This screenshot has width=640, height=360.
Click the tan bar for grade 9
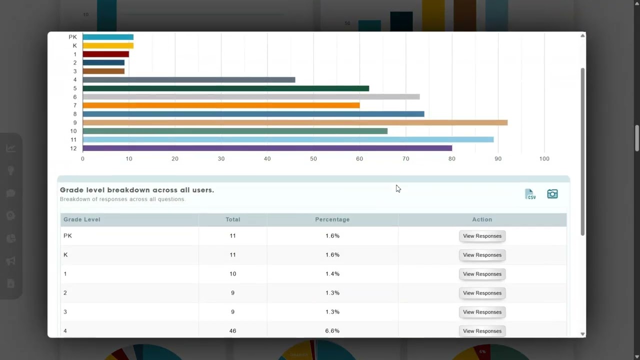(295, 122)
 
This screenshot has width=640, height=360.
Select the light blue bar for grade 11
(288, 139)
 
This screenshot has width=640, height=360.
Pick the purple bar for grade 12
(267, 148)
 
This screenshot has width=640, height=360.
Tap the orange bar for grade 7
(221, 105)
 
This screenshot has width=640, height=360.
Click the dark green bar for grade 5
(225, 88)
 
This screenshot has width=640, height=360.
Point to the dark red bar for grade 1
(105, 54)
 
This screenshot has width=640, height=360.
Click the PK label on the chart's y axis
(73, 37)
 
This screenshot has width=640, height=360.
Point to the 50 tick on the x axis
(313, 158)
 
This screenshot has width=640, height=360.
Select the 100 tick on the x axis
(544, 158)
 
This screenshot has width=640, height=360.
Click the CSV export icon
(530, 194)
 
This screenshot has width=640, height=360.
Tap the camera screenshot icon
(552, 194)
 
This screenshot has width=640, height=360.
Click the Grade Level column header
(82, 219)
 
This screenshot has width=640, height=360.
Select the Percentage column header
(332, 219)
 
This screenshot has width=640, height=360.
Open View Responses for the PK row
(482, 236)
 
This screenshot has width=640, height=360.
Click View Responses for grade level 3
(482, 312)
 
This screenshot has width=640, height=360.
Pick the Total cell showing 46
(232, 331)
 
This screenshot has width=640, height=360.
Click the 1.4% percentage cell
(332, 274)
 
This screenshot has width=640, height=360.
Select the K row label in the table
(65, 255)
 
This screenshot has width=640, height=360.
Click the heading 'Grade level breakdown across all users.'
(137, 190)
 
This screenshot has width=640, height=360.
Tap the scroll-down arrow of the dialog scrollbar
(582, 333)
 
